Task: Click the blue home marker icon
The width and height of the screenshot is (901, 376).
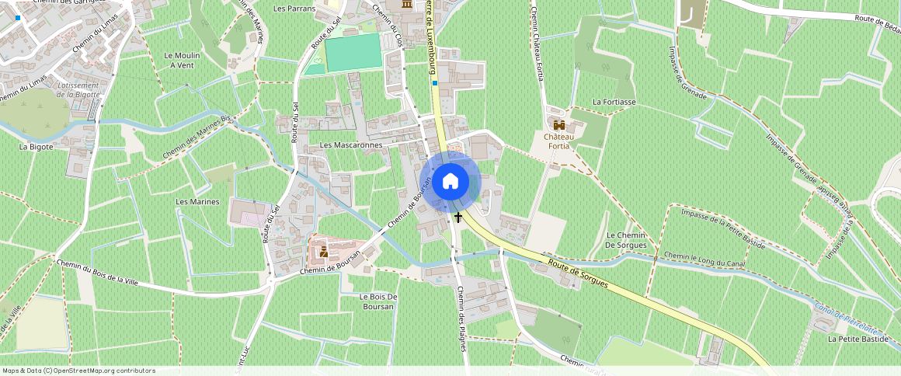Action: [x=450, y=182]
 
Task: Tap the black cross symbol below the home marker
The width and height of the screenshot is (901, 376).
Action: [x=458, y=218]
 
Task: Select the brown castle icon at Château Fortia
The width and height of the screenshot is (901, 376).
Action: [x=558, y=124]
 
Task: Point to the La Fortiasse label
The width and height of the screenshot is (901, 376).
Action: [x=614, y=102]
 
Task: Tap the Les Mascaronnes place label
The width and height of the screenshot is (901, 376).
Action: [x=351, y=145]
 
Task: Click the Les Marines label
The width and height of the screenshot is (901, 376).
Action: [x=197, y=202]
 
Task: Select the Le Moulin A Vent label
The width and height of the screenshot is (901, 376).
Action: [x=183, y=61]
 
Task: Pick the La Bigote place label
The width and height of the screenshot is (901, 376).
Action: [x=36, y=146]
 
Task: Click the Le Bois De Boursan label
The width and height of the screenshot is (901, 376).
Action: [x=378, y=301]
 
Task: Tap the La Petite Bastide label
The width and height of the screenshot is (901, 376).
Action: [x=858, y=339]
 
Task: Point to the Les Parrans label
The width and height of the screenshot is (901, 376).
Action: [x=294, y=9]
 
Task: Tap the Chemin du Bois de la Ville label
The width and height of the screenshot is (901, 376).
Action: [x=96, y=271]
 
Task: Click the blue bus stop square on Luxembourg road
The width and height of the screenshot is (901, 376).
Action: [x=435, y=83]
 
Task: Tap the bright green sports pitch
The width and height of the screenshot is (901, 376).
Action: [x=353, y=52]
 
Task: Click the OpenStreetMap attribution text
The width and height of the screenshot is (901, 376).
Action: [x=78, y=371]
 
